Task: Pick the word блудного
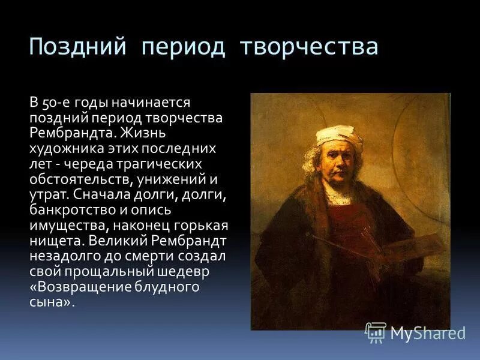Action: pyautogui.click(x=161, y=287)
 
